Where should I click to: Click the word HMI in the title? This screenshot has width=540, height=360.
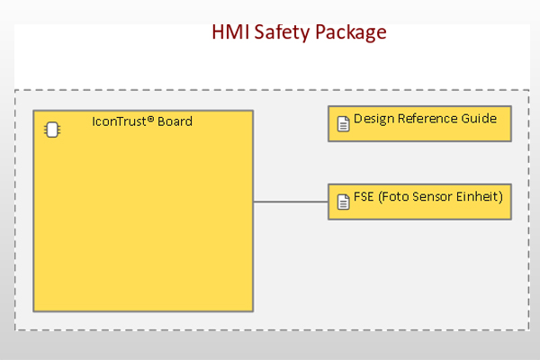click(230, 32)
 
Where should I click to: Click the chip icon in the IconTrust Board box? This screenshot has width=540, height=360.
click(52, 130)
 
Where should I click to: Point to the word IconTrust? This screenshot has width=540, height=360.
click(119, 121)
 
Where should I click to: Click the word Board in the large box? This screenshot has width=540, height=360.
click(175, 121)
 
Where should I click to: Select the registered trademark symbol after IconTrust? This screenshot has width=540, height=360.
click(150, 119)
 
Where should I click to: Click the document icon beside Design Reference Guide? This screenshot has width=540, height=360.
click(343, 124)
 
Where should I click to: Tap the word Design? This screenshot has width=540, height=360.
click(373, 119)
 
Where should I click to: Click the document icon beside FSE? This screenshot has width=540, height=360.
click(343, 202)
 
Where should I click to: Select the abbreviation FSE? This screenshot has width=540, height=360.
click(364, 197)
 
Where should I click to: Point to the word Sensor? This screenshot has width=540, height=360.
click(432, 197)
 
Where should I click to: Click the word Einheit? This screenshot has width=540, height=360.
click(477, 197)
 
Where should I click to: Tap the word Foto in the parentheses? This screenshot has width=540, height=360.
click(395, 197)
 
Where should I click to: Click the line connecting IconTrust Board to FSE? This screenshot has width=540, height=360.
click(291, 202)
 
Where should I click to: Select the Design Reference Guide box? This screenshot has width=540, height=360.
click(419, 123)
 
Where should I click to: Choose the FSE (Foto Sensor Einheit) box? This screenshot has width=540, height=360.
click(419, 202)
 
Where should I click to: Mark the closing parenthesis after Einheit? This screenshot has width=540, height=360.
click(500, 197)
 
